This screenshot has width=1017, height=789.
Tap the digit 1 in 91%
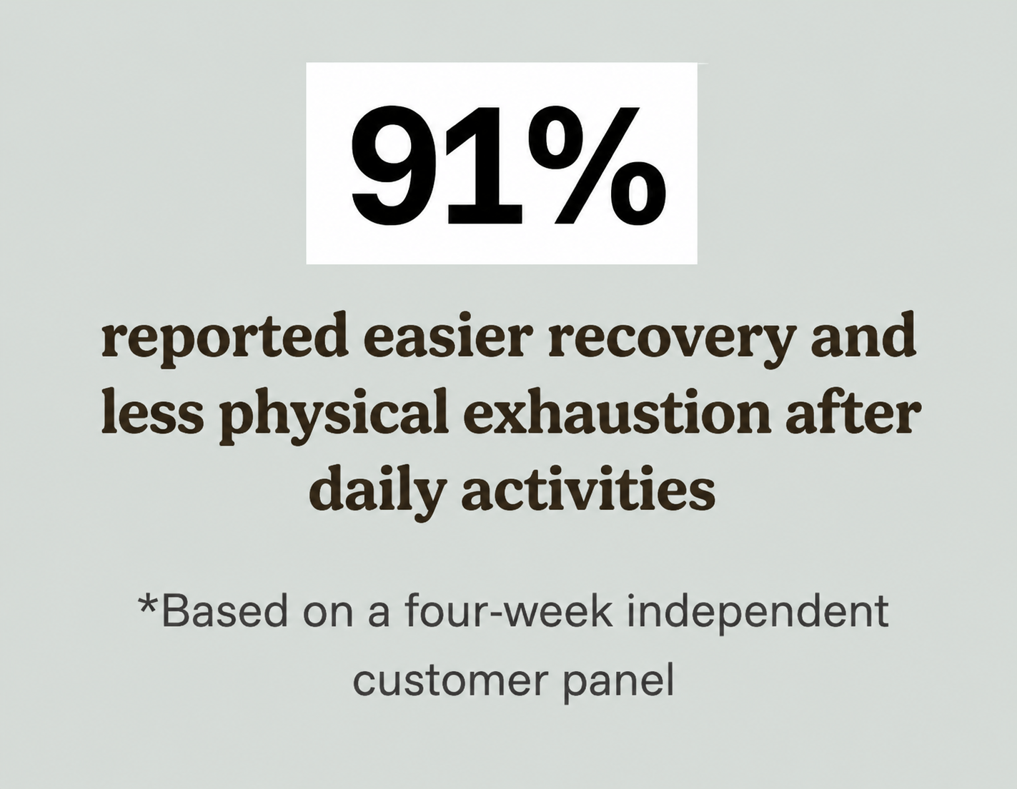pos(482,164)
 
